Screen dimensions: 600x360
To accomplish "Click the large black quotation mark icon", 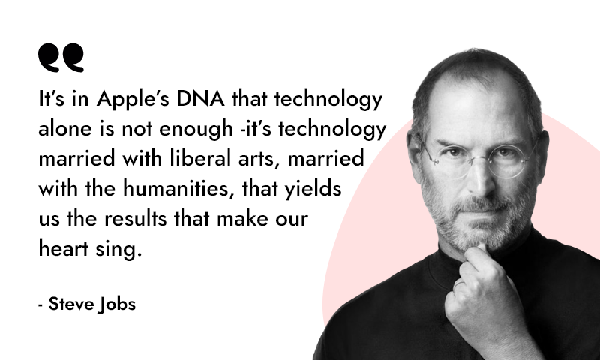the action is [x=61, y=58].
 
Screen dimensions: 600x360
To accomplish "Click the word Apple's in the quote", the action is [x=133, y=99].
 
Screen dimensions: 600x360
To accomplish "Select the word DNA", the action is [x=200, y=98].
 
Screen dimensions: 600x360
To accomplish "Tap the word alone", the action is [x=65, y=127].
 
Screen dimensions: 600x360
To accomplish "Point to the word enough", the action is [x=196, y=129].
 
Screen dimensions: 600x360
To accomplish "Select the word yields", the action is [x=313, y=189].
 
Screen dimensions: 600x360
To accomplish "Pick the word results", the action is [x=136, y=219].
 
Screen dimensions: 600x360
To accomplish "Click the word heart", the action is [x=64, y=249].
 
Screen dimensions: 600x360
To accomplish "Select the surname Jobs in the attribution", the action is [x=117, y=304].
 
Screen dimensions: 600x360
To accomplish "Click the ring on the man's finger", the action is [x=459, y=283].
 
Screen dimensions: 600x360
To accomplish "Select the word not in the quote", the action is [x=136, y=129].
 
